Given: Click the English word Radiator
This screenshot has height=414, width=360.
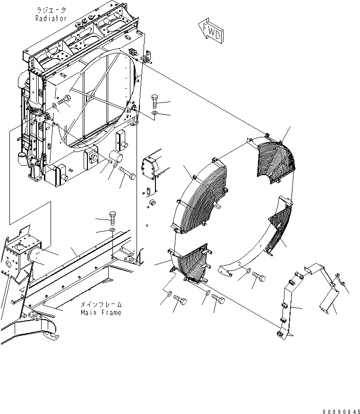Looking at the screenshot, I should point(51,18).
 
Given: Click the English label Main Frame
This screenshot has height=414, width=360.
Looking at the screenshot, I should point(101,313).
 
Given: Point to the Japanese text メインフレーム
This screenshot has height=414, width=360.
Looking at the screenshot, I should point(101,304).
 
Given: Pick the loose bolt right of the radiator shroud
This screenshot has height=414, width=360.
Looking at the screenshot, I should point(156,101).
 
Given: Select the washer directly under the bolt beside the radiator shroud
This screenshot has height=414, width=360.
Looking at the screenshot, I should point(156,113).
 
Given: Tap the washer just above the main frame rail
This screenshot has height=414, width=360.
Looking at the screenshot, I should point(112,230).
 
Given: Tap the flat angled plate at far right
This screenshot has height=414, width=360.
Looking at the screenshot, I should point(329,302).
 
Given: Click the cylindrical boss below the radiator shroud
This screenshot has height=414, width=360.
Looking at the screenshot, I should point(115,157).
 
